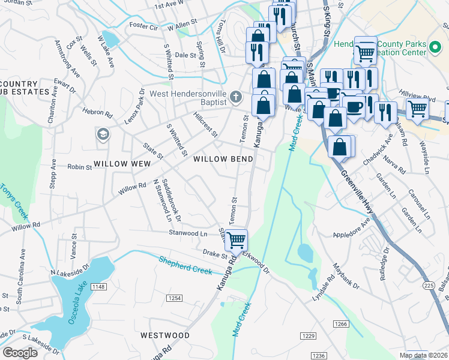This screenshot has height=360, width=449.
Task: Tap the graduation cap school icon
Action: (x=103, y=133)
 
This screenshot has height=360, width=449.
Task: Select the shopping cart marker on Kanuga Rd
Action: (x=236, y=240)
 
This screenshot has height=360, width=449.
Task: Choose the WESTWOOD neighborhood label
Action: (x=164, y=335)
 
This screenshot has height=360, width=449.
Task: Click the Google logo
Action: (x=20, y=353)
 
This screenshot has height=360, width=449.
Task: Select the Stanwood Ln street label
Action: (x=187, y=232)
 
